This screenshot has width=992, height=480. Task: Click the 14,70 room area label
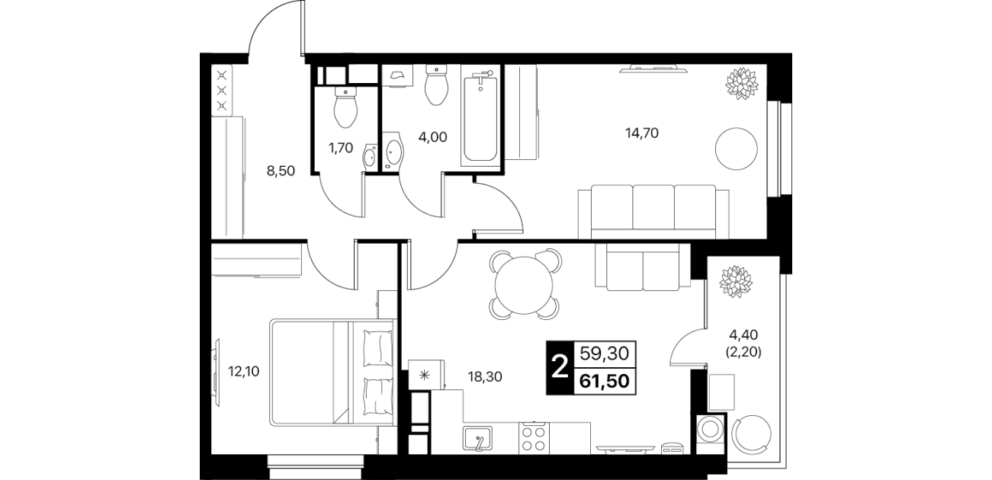pyautogui.click(x=642, y=133)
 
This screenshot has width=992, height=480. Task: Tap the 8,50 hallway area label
pyautogui.click(x=281, y=171)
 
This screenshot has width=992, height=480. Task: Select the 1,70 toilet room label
pyautogui.click(x=341, y=149)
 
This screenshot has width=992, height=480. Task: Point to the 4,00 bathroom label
pyautogui.click(x=432, y=137)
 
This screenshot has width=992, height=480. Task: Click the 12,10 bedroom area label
pyautogui.click(x=243, y=371)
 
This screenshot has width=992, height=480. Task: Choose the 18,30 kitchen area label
pyautogui.click(x=485, y=377)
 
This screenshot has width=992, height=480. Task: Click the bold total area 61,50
pyautogui.click(x=605, y=380)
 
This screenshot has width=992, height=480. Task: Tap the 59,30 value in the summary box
pyautogui.click(x=605, y=354)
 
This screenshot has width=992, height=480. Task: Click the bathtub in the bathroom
pyautogui.click(x=480, y=116)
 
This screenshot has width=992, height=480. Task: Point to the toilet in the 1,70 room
pyautogui.click(x=345, y=107)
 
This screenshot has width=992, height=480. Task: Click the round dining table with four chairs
pyautogui.click(x=525, y=284)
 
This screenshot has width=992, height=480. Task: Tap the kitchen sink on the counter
pyautogui.click(x=477, y=437)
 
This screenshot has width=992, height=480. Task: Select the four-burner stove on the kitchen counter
pyautogui.click(x=533, y=438)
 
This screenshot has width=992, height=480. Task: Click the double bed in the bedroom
pyautogui.click(x=332, y=373)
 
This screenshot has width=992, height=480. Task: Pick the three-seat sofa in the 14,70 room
pyautogui.click(x=653, y=212)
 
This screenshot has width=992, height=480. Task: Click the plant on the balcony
pyautogui.click(x=736, y=282)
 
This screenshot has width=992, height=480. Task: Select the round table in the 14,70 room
pyautogui.click(x=736, y=149)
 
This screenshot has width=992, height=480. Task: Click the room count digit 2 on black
pyautogui.click(x=560, y=367)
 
